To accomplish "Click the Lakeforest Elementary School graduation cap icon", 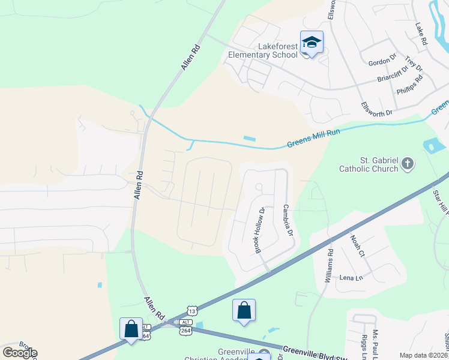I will coord(312,42).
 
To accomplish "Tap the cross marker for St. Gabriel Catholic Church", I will coord(408,164).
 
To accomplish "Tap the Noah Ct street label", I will coord(358,245).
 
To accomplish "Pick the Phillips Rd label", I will coord(410,85).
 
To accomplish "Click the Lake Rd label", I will coord(421,35).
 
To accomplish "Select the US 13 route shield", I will coord(191,311).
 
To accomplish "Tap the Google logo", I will coord(20,352).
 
